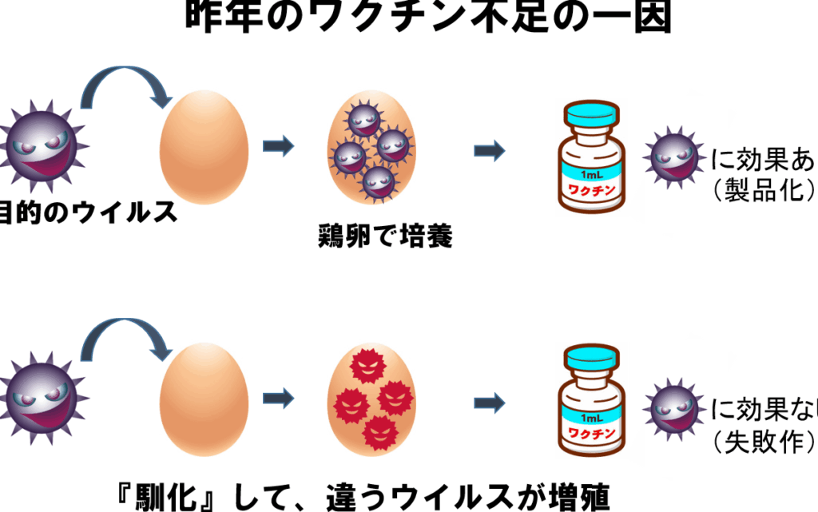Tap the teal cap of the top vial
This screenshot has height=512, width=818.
click(x=592, y=114)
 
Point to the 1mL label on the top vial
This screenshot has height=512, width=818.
click(x=592, y=174)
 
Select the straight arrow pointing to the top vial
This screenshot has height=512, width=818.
click(x=489, y=149)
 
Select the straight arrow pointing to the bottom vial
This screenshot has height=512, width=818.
click(x=489, y=403)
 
